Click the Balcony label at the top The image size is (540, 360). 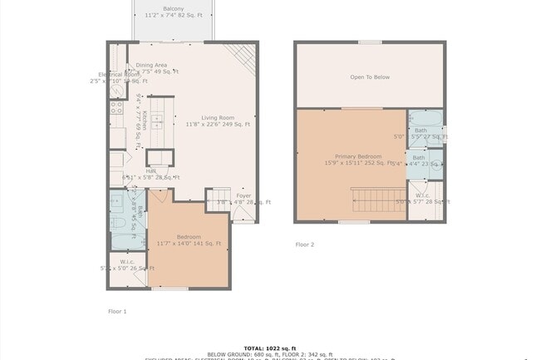[x=174, y=8]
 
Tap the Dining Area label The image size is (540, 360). [x=152, y=65]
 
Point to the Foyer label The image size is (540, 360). [x=243, y=195]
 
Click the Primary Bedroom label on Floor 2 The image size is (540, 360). [x=358, y=156]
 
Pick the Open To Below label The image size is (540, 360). [x=370, y=77]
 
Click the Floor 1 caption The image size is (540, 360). [x=117, y=311]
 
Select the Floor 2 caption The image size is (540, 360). [x=305, y=244]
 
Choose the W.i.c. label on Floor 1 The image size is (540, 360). [x=127, y=262]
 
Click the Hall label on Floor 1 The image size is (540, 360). [x=151, y=171]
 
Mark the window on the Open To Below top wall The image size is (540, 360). [x=370, y=42]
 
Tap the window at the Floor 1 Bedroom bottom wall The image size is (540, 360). [x=170, y=288]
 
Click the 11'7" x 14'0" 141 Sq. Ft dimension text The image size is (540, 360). [x=189, y=244]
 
